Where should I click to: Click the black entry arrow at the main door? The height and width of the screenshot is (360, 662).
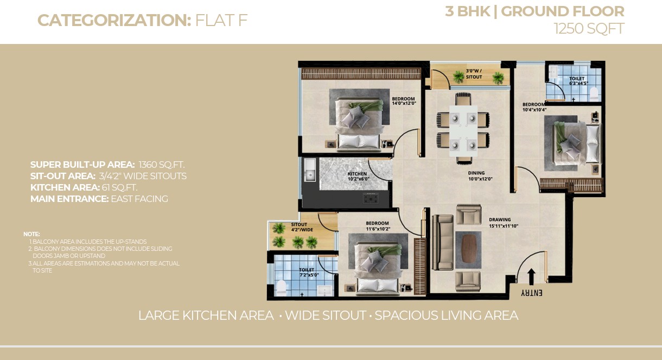[x=531, y=277]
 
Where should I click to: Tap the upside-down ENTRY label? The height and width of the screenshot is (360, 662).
[x=531, y=293]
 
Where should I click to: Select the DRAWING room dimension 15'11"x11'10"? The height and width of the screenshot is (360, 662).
[x=504, y=226]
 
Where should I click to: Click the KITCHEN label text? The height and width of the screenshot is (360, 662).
[x=357, y=174]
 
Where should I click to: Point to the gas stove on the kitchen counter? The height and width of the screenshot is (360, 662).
[x=370, y=198]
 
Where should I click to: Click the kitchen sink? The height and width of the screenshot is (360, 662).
[x=310, y=169]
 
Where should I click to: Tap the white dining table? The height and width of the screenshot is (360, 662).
[x=463, y=131]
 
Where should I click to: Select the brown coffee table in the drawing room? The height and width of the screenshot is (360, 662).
[x=468, y=249]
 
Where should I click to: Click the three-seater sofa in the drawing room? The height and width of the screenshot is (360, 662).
[x=442, y=242]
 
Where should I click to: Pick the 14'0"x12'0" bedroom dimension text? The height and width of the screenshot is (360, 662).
[x=404, y=104]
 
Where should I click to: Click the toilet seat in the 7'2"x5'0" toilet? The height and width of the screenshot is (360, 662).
[x=281, y=287]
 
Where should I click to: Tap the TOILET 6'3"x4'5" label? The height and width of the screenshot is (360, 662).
[x=578, y=81]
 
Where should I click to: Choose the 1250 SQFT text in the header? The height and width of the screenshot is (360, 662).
[x=589, y=29]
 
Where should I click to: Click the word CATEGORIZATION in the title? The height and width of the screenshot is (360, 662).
[x=114, y=21]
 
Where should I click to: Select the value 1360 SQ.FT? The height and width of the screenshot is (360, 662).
[x=161, y=165]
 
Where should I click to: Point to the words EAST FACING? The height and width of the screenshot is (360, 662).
[x=139, y=199]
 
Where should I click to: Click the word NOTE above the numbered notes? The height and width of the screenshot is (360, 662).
[x=31, y=234]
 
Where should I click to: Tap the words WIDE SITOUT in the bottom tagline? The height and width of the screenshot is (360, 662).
[x=325, y=315]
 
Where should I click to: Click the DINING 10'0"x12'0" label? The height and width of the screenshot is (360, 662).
[x=480, y=176]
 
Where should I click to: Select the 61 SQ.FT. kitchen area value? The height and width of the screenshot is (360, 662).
[x=119, y=187]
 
